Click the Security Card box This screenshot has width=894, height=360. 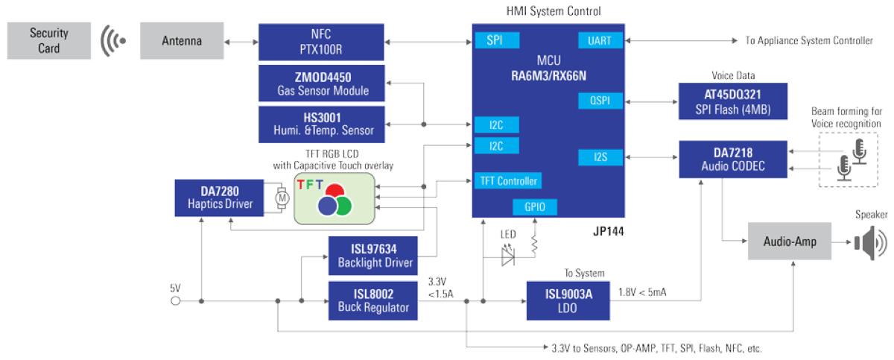tap(50, 41)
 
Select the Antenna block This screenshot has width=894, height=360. tap(181, 41)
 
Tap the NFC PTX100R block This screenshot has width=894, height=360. tap(321, 41)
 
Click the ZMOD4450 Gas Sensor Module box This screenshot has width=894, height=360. tap(321, 83)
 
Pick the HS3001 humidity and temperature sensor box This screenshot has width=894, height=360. tap(321, 124)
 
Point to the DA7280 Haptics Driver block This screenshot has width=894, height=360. tap(218, 198)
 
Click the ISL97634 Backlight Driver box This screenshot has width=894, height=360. tap(373, 255)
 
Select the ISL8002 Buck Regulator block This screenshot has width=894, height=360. tap(373, 300)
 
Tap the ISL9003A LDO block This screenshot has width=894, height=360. tap(568, 300)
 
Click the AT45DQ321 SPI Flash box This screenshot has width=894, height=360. tap(733, 101)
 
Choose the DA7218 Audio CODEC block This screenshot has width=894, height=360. tap(733, 160)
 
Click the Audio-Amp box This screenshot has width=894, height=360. tap(789, 241)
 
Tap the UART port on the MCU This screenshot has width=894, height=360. tap(599, 41)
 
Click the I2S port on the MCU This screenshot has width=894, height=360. tap(599, 157)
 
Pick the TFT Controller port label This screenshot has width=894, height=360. tap(507, 181)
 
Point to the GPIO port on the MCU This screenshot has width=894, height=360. tap(534, 207)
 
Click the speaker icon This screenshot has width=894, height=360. tap(868, 242)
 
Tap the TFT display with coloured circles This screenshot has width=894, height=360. tap(333, 198)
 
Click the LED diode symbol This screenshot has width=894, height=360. tap(508, 256)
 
